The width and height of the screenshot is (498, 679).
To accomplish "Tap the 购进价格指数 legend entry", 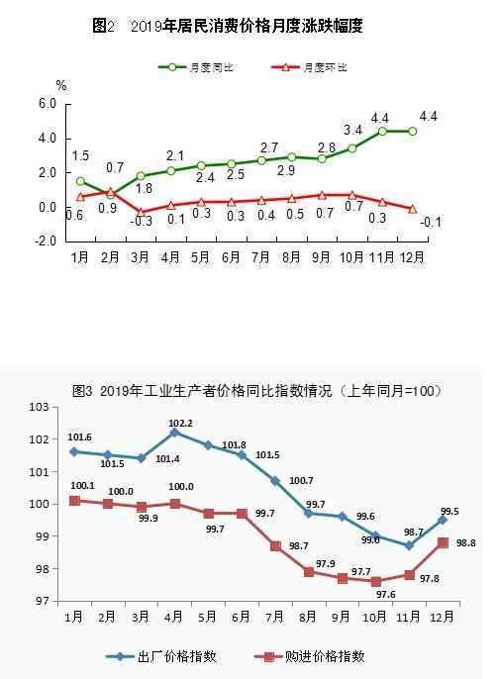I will pyautogui.click(x=315, y=655).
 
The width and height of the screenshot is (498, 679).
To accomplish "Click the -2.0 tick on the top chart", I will pyautogui.click(x=46, y=242).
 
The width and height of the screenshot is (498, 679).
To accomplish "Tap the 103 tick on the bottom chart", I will pyautogui.click(x=39, y=407).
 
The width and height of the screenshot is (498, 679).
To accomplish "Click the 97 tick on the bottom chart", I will pyautogui.click(x=41, y=601).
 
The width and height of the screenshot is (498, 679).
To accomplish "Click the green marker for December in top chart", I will pyautogui.click(x=412, y=131).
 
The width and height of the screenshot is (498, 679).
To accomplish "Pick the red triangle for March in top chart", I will pyautogui.click(x=141, y=212).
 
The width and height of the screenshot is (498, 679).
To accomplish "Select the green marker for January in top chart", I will pyautogui.click(x=80, y=181).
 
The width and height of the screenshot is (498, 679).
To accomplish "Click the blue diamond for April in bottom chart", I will pyautogui.click(x=174, y=433).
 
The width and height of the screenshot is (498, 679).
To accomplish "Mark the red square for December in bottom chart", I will pyautogui.click(x=442, y=542).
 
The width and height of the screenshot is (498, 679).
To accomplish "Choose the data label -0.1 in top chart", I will pyautogui.click(x=431, y=223).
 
